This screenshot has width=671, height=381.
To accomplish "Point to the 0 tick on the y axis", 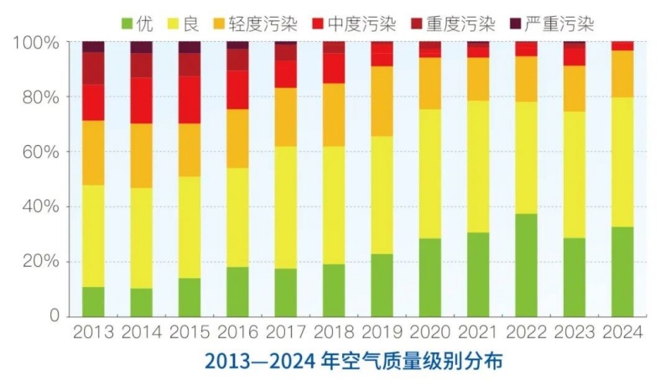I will tap(53, 316).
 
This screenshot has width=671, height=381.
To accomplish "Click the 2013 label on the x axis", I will tap(93, 333).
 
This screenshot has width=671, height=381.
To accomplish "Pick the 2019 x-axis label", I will tap(382, 333).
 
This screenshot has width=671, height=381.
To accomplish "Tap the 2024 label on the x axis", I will tap(623, 333).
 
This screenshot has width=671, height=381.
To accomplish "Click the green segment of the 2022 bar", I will tap(527, 265).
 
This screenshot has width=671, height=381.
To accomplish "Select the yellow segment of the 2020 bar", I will tap(430, 174).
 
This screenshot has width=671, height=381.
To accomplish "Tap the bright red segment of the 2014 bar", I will tap(141, 101).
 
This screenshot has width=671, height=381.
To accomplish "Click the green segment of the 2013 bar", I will tap(93, 301).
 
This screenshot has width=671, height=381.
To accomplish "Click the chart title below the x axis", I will tap(353, 363).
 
